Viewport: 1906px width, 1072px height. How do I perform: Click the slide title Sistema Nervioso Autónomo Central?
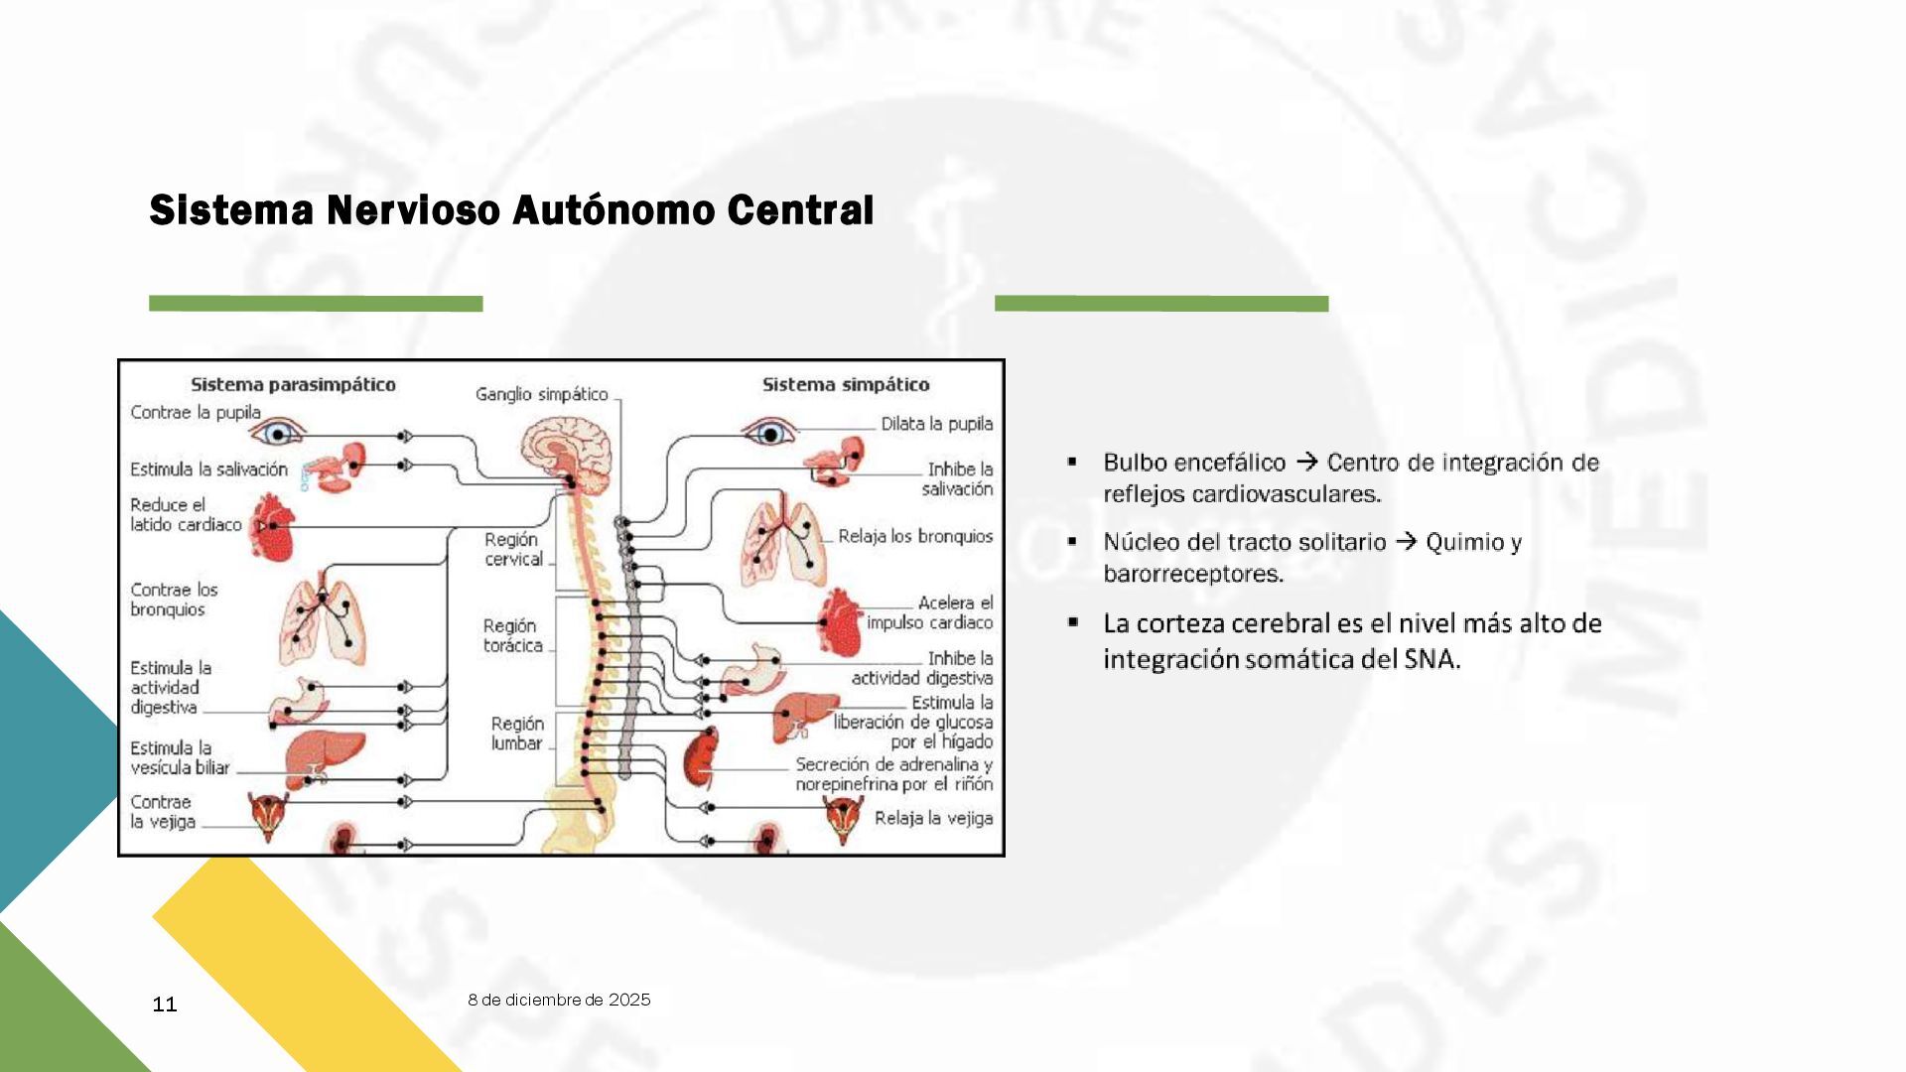point(511,210)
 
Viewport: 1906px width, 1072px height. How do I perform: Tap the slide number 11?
point(165,1005)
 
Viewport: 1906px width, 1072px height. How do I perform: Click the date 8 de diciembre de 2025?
point(559,1000)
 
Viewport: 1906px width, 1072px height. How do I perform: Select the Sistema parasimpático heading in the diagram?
point(293,384)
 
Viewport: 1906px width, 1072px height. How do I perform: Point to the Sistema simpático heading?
point(845,384)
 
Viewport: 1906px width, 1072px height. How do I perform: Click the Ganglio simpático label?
point(541,394)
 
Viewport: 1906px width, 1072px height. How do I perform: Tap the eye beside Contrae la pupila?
point(278,433)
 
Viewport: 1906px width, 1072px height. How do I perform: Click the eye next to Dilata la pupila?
point(770,433)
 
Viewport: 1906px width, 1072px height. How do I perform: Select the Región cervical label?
point(513,549)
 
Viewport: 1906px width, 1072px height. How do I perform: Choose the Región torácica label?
point(512,635)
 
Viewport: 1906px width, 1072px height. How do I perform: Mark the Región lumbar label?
point(516,733)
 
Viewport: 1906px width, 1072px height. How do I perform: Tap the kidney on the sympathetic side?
point(701,756)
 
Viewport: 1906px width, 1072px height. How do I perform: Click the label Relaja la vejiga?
point(932,818)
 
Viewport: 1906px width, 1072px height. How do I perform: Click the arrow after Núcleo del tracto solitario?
point(1406,542)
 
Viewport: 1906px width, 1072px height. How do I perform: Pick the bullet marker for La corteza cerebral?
point(1072,622)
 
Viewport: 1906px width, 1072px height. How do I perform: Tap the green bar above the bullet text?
point(1160,304)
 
